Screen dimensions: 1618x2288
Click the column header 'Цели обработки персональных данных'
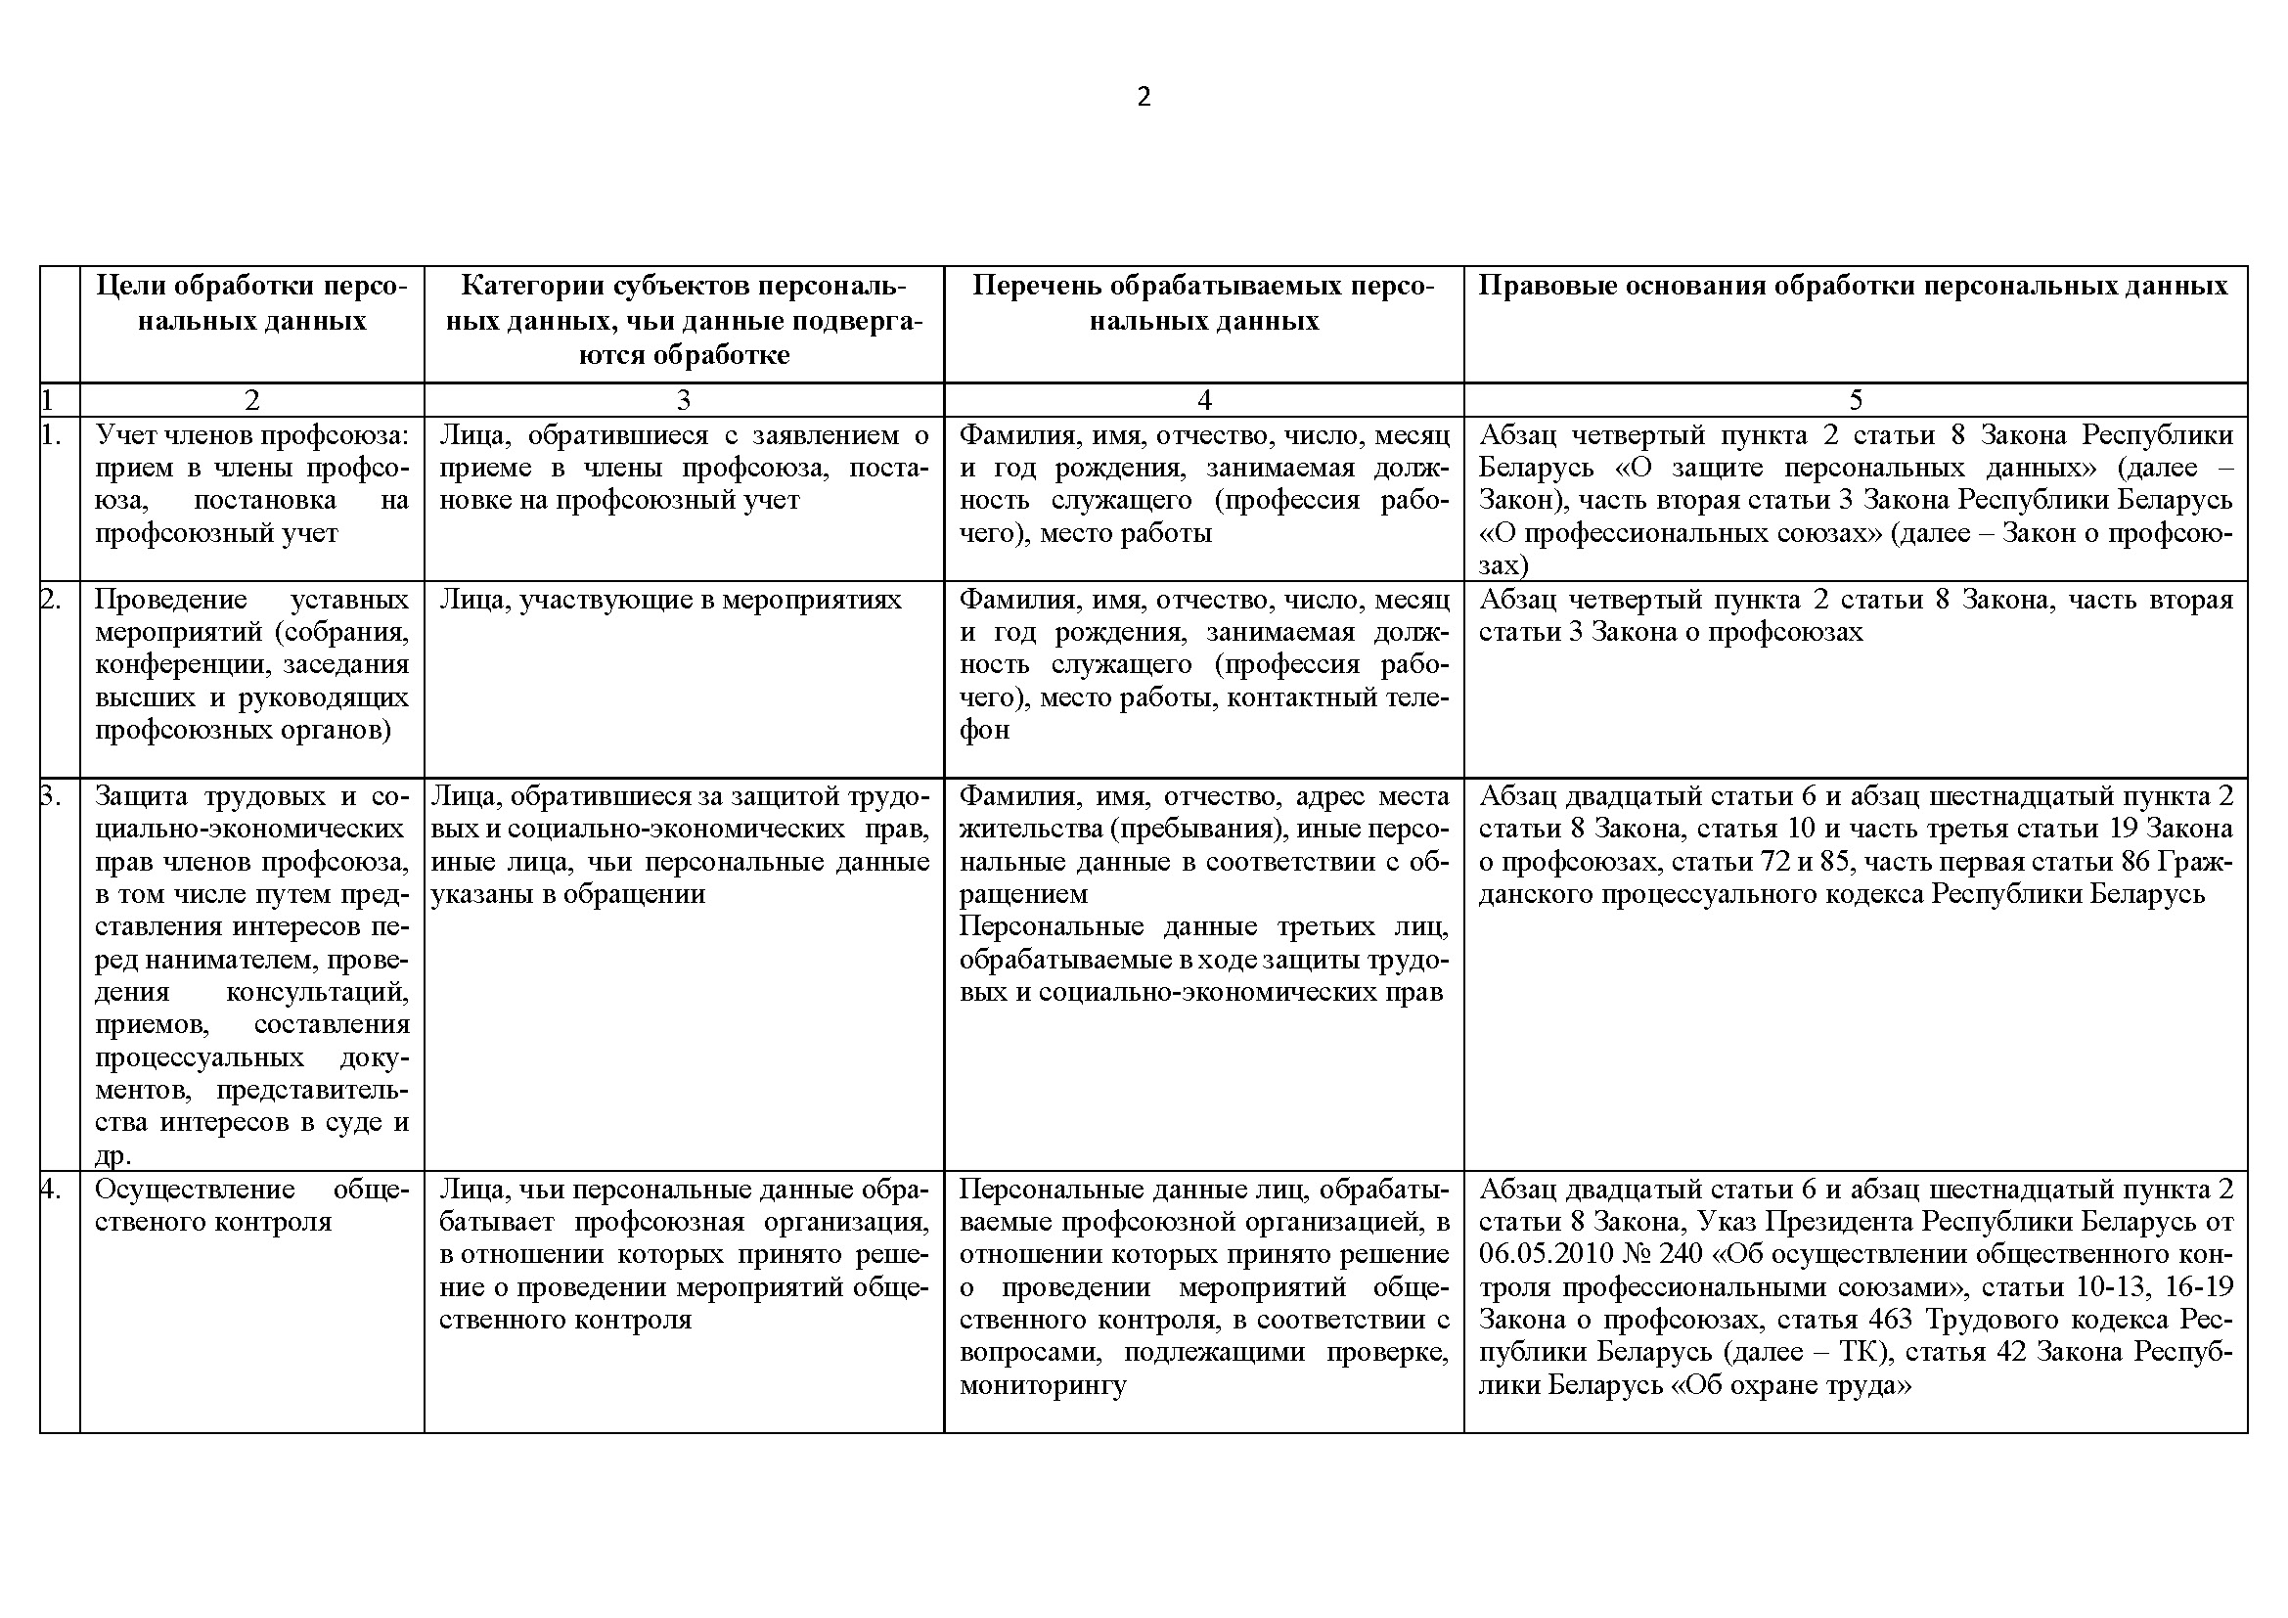tap(252, 304)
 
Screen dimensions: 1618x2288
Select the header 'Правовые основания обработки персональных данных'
tap(1854, 287)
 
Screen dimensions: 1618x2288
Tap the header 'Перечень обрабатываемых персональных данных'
tap(1204, 304)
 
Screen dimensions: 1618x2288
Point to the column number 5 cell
tap(1856, 400)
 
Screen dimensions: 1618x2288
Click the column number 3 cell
tap(684, 400)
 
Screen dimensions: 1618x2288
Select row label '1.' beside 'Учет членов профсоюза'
tap(52, 435)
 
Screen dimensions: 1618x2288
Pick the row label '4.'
tap(52, 1190)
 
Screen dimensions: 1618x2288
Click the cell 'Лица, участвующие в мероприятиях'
tap(671, 600)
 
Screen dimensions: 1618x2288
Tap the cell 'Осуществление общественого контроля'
tap(252, 1205)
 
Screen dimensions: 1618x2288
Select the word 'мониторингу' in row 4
tap(1044, 1385)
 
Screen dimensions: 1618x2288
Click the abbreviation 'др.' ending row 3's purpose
tap(113, 1155)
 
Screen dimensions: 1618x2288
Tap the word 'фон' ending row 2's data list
tap(985, 731)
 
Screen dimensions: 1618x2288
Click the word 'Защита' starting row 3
tap(142, 796)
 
